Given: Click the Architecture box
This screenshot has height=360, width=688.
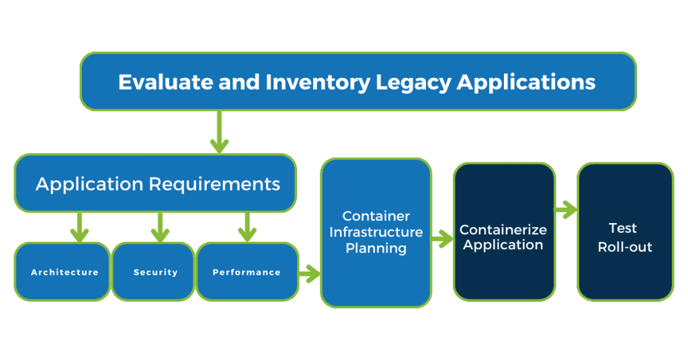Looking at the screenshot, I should [64, 272].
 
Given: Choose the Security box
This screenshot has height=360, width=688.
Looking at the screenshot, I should [155, 272].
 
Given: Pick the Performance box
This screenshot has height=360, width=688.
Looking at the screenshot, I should [247, 272].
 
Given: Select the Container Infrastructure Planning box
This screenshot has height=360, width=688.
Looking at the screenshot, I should [376, 232].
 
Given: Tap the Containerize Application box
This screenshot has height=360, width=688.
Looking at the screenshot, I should [503, 231].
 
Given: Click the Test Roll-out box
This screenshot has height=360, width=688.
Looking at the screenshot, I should [625, 231].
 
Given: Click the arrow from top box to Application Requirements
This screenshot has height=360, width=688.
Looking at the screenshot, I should [219, 132].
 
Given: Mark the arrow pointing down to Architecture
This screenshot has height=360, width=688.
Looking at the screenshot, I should [79, 227].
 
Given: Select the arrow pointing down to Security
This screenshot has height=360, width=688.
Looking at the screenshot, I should [160, 227].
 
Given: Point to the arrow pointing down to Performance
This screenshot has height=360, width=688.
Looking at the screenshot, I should [247, 227].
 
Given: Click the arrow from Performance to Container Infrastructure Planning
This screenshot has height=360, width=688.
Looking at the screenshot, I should [309, 273].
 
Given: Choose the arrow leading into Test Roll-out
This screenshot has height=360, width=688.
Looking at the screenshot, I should [566, 210].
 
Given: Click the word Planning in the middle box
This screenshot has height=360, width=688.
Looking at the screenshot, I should [376, 248].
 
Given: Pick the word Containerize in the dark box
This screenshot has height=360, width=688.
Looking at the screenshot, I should [503, 230].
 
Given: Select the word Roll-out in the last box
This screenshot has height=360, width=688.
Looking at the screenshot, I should [625, 246].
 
